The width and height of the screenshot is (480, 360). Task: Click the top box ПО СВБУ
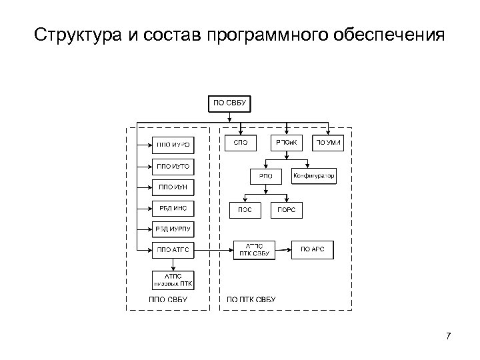point(230,103)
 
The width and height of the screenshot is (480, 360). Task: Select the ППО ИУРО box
point(173,143)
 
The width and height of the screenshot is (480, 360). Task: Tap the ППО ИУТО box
point(173,165)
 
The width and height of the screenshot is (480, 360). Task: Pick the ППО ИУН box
point(173,186)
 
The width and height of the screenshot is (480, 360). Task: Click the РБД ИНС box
point(173,208)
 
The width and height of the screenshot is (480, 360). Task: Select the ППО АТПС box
point(173,250)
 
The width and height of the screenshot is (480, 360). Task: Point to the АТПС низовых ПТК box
point(173,279)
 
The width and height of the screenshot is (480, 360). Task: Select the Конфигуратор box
point(313,176)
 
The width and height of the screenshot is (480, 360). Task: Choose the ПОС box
point(245,209)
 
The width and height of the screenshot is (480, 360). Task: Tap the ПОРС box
point(287,209)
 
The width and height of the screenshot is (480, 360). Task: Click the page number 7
point(449,335)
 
